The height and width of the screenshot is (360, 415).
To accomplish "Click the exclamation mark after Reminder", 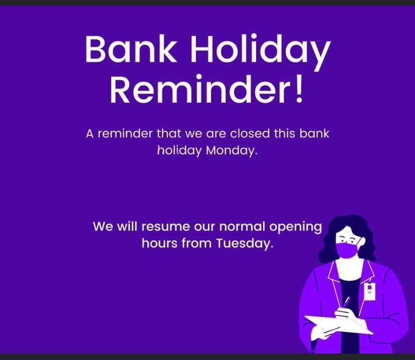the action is (x=299, y=88).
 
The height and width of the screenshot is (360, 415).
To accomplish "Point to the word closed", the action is (x=250, y=133).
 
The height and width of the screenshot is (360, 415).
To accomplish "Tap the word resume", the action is (x=166, y=227).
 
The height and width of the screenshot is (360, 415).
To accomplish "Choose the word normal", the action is (x=242, y=226).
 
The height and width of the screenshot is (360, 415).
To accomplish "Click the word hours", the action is (x=159, y=243).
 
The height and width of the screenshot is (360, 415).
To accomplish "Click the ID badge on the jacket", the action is (x=369, y=291).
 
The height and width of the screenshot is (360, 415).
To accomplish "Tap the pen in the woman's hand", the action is (x=346, y=302).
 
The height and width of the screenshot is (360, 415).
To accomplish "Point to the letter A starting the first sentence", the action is (x=90, y=134).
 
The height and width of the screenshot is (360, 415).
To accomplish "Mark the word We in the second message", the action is (x=103, y=227).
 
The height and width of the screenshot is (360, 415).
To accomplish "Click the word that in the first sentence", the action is (x=168, y=133).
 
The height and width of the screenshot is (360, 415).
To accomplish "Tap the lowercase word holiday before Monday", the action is (x=179, y=150).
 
